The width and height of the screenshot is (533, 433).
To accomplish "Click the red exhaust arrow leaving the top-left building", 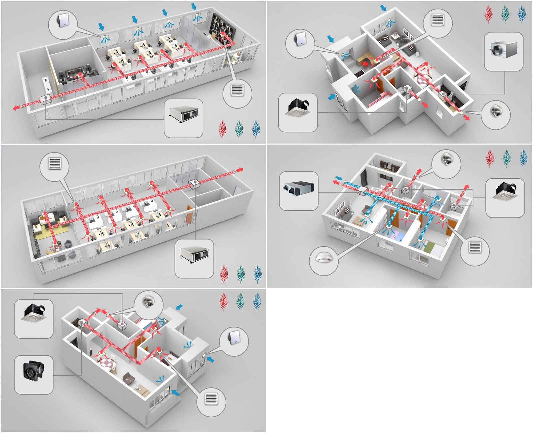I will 16,107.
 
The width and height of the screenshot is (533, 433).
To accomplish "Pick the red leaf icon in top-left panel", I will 223,129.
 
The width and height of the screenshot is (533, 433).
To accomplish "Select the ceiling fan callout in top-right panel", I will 298,112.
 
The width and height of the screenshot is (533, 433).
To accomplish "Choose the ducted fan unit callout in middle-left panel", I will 194,258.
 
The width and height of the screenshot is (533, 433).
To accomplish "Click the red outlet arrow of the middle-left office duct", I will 239,170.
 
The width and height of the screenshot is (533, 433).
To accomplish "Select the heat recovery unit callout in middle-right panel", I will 299,191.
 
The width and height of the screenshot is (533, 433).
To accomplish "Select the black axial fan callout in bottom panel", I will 34,374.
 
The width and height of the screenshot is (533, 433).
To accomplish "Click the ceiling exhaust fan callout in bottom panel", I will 34,319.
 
